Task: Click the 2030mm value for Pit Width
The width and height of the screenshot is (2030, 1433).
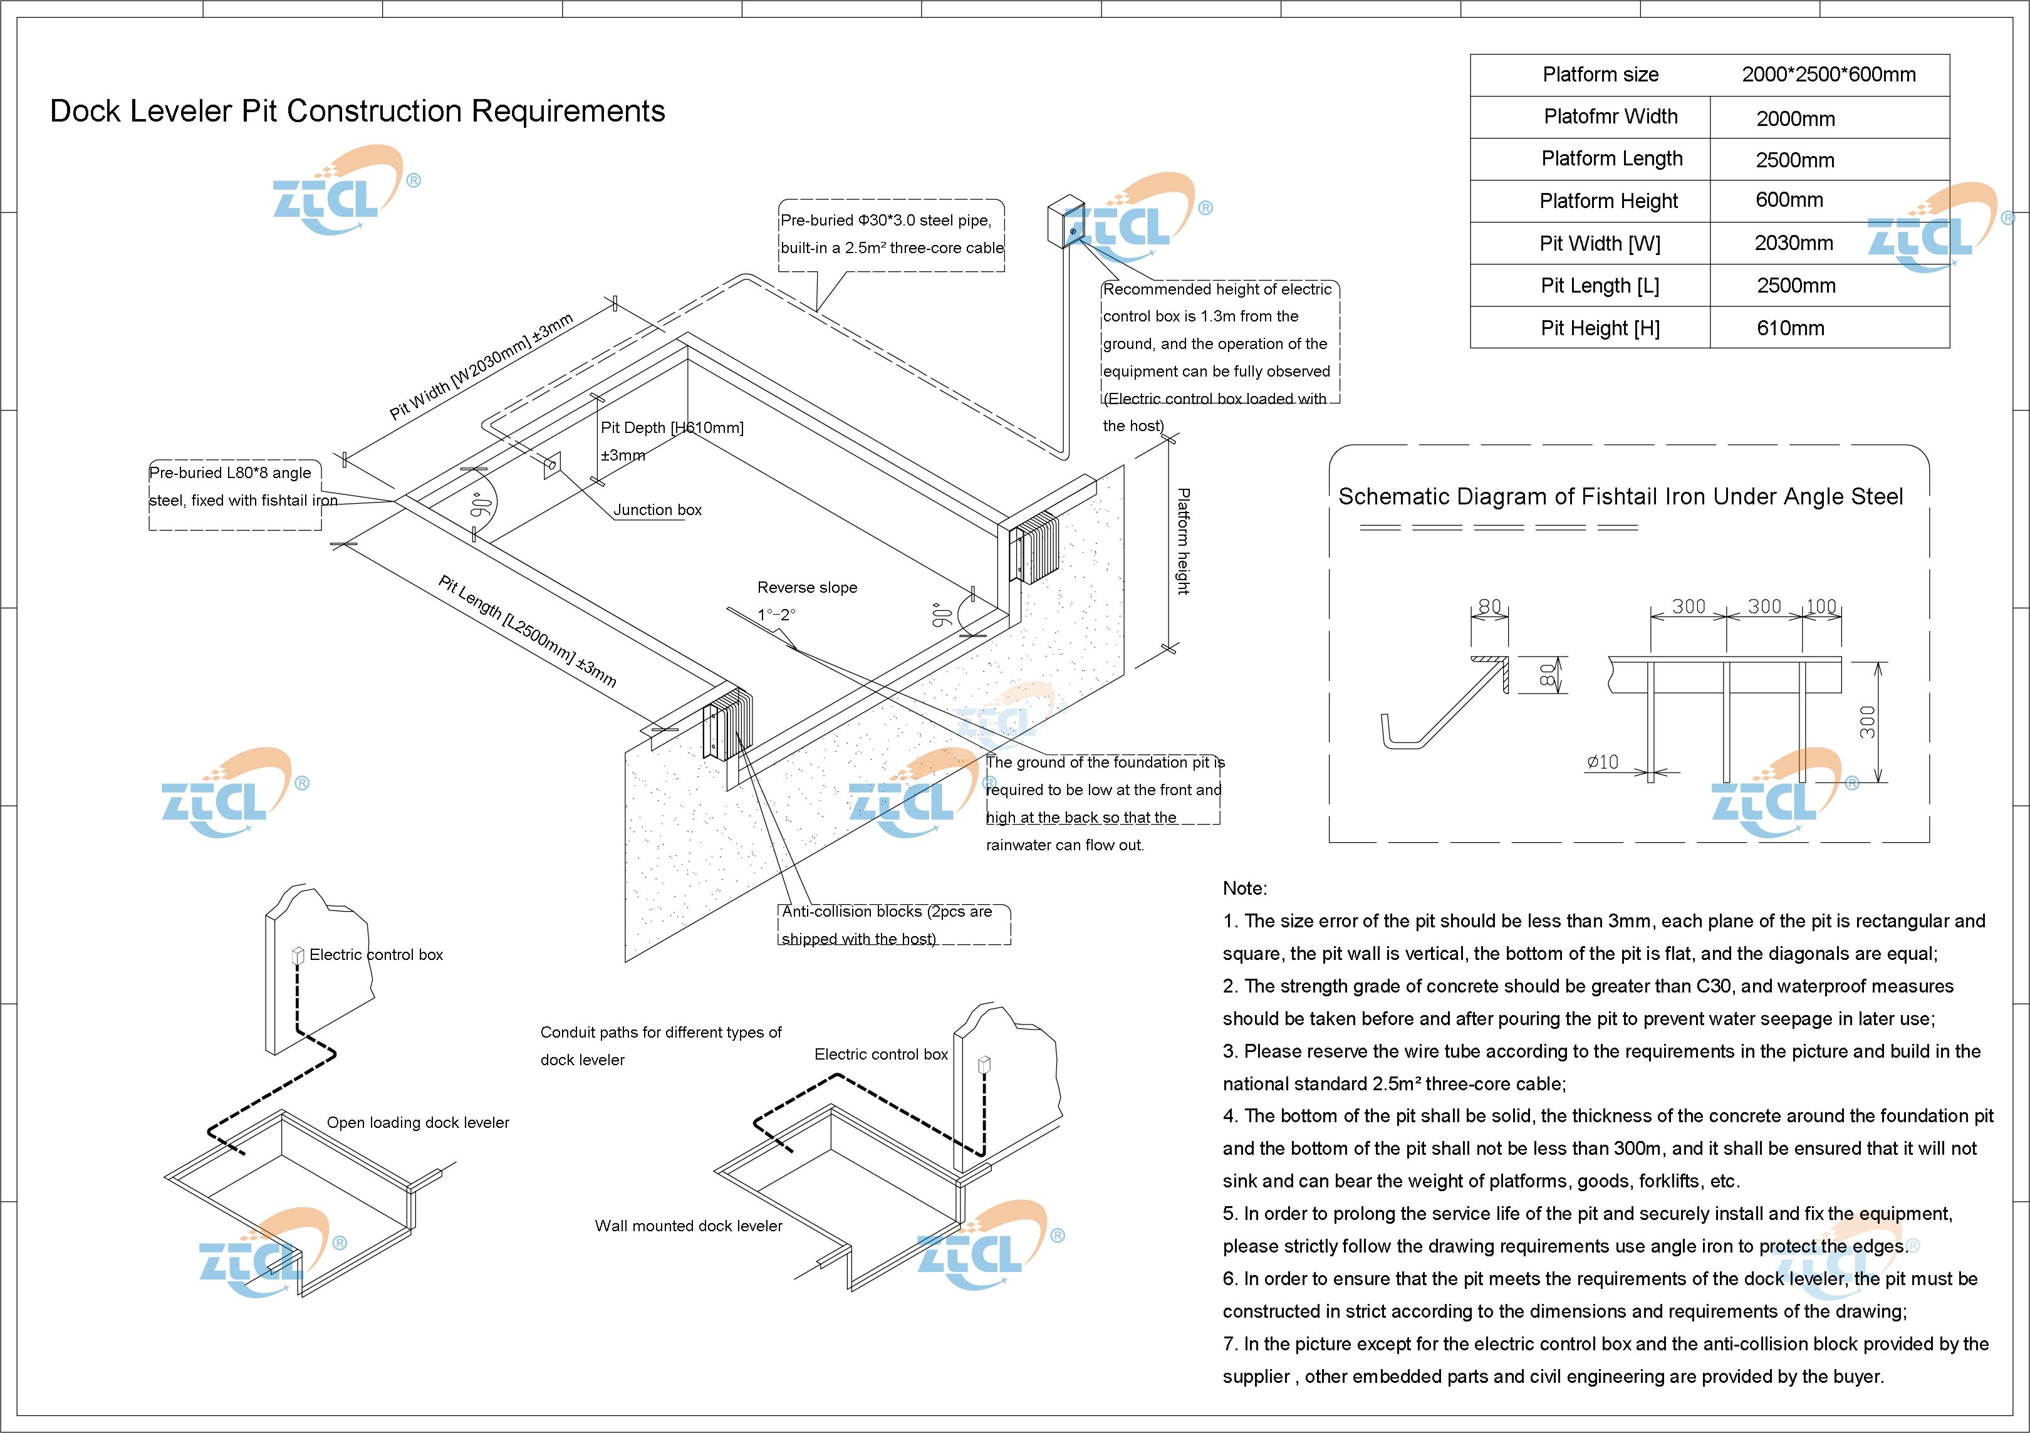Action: click(1793, 243)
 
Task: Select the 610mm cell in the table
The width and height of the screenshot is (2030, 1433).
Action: click(1791, 328)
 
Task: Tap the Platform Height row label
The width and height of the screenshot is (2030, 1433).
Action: click(1608, 202)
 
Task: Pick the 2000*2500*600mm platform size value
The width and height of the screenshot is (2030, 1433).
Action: click(1828, 75)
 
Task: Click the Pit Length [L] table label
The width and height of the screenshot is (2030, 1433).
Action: click(1600, 286)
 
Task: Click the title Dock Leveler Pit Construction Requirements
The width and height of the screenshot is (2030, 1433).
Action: click(357, 112)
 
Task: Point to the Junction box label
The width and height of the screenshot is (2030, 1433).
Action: click(657, 510)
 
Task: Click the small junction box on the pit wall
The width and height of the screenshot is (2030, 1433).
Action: click(552, 465)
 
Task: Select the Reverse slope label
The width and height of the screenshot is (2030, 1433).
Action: click(806, 588)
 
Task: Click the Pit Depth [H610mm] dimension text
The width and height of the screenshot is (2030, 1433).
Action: click(672, 428)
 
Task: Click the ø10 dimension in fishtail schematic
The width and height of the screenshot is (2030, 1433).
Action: click(1602, 762)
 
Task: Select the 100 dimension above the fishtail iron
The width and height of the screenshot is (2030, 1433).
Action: click(1821, 607)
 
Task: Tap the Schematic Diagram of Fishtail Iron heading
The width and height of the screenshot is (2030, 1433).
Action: click(1620, 497)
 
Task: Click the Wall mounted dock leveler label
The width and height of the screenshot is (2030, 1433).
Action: click(688, 1226)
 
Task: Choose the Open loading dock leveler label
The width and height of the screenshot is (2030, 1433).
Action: click(417, 1123)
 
